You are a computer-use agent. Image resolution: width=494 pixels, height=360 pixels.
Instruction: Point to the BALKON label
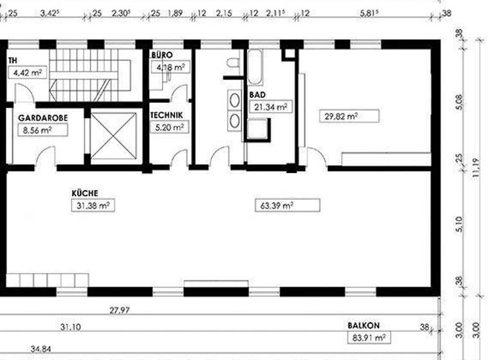(364, 326)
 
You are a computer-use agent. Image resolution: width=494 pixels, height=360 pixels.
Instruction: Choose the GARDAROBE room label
(39, 118)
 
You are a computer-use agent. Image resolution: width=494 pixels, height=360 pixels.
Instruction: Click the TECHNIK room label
(167, 116)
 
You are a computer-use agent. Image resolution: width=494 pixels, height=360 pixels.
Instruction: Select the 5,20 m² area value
(169, 127)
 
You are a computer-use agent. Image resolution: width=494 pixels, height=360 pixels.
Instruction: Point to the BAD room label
(257, 94)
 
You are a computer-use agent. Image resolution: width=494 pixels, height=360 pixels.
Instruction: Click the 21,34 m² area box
(269, 107)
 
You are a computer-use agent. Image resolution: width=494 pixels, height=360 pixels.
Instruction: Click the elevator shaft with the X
(114, 136)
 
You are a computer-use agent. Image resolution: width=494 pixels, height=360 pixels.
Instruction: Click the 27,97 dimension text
(119, 310)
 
